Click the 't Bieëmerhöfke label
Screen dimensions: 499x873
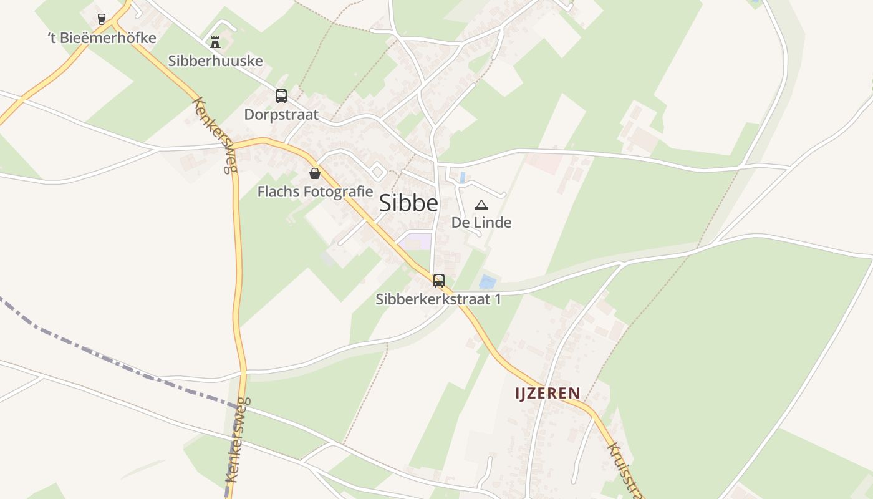point(102,38)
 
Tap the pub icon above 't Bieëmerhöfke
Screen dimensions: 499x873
point(102,19)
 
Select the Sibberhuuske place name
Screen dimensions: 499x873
point(215,61)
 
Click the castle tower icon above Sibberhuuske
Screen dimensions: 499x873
point(215,42)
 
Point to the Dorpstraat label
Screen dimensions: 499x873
point(281,115)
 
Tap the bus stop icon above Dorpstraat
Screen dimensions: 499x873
point(281,96)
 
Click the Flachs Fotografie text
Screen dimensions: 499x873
point(315,191)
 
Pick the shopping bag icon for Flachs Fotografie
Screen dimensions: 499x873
point(315,173)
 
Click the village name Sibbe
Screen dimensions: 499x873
point(408,203)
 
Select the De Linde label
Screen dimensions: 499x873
point(481,222)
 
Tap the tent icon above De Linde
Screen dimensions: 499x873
point(481,205)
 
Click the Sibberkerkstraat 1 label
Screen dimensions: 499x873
point(438,299)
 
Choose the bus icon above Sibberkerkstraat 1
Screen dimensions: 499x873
point(439,281)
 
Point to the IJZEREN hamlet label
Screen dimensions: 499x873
point(547,393)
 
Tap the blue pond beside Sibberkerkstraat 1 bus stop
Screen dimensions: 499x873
point(488,282)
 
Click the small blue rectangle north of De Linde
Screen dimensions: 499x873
point(462,178)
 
